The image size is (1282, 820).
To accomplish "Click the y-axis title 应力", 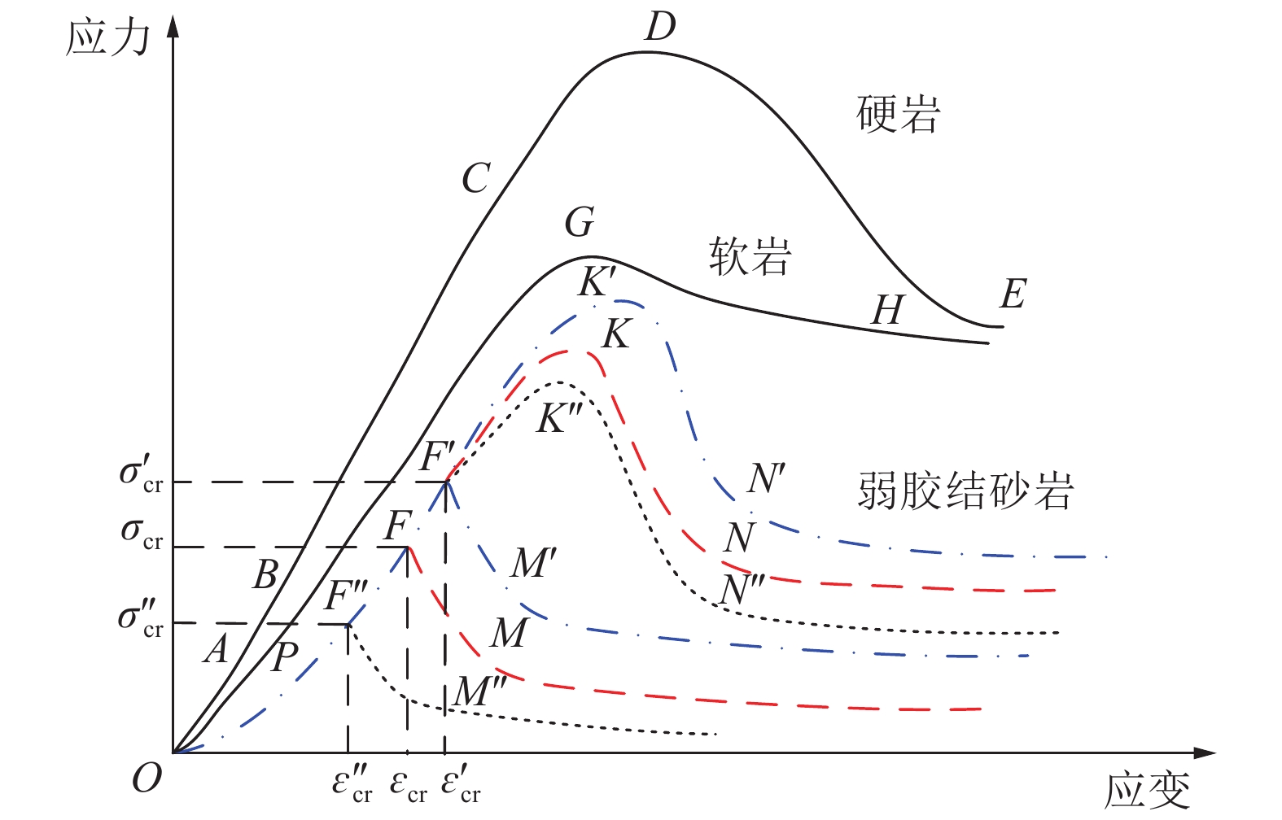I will [x=107, y=37].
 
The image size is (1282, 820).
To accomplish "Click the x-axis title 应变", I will [x=1147, y=790].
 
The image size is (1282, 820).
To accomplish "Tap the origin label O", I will [x=147, y=779].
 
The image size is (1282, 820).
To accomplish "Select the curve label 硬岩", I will [x=899, y=114].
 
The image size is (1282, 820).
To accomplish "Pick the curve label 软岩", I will [x=750, y=256].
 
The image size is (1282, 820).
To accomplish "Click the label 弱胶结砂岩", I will [x=965, y=491].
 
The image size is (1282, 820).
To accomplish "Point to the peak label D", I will [x=660, y=27].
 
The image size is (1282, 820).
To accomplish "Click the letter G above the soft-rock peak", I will [x=580, y=222].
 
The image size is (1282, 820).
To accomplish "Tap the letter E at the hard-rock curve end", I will [x=1013, y=294].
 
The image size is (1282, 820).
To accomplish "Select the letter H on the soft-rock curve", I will [x=887, y=310].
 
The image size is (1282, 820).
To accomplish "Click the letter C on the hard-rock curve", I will [x=476, y=178].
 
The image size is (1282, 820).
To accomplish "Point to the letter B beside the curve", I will [x=265, y=574].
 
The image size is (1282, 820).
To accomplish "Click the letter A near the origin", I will [x=216, y=649].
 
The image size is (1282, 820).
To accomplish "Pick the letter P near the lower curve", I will [x=285, y=656].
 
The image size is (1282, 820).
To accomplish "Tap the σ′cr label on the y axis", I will [x=141, y=474].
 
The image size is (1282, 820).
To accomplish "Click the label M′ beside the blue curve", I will [x=533, y=563].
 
